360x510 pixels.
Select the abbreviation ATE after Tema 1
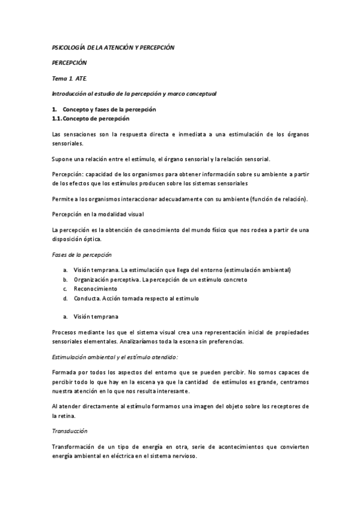tap(81, 78)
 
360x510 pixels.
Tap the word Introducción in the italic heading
tap(69, 94)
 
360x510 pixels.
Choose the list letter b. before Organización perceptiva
tap(65, 280)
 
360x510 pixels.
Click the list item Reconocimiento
tap(96, 289)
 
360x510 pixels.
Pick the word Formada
tap(65, 372)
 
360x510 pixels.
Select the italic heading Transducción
tap(70, 431)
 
